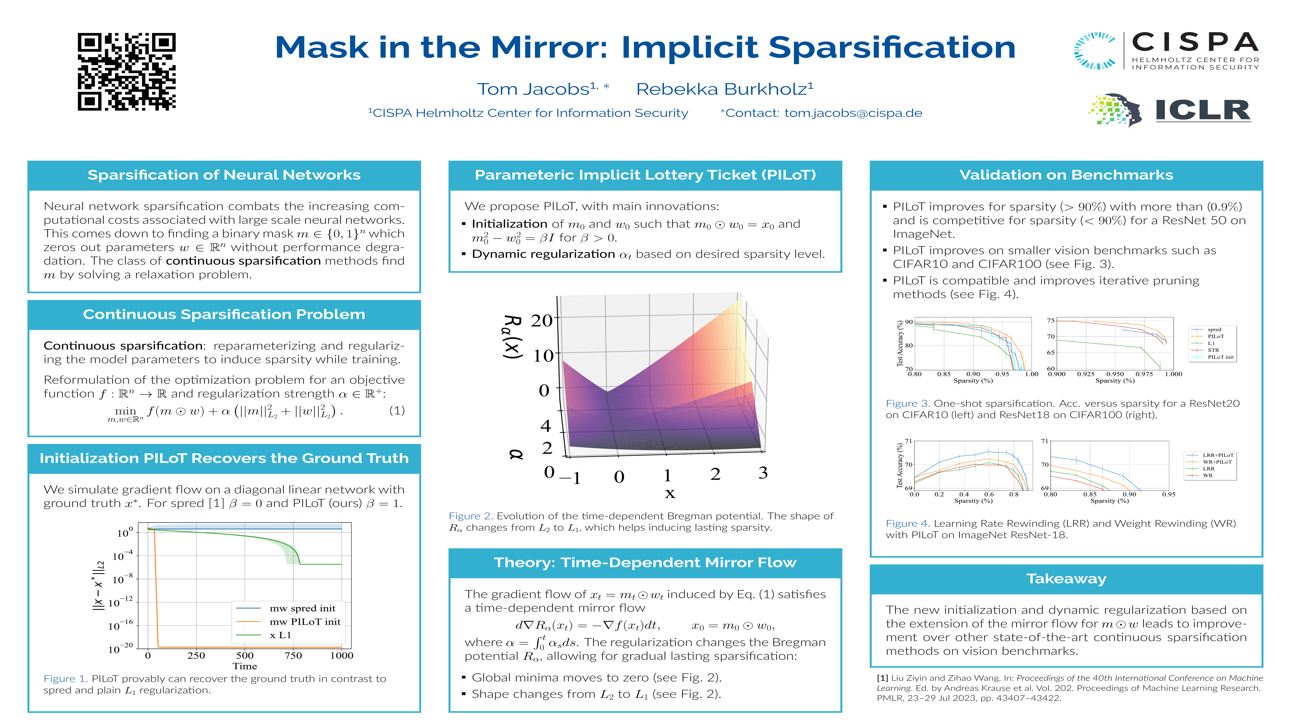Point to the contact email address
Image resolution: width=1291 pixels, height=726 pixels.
pos(853,113)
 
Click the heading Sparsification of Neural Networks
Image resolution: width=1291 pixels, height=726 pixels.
pos(224,175)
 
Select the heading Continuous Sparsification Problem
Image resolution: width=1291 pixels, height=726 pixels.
pos(224,314)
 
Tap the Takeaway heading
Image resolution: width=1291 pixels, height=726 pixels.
pos(1066,579)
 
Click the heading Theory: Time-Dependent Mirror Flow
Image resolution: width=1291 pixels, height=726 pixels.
pos(645,563)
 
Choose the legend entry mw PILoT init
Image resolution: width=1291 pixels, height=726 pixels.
pos(305,622)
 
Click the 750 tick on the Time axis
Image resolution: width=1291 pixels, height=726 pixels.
pos(293,655)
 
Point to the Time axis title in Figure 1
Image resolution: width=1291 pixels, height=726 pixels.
pos(245,666)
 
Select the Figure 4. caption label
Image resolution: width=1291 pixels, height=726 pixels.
pos(908,524)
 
